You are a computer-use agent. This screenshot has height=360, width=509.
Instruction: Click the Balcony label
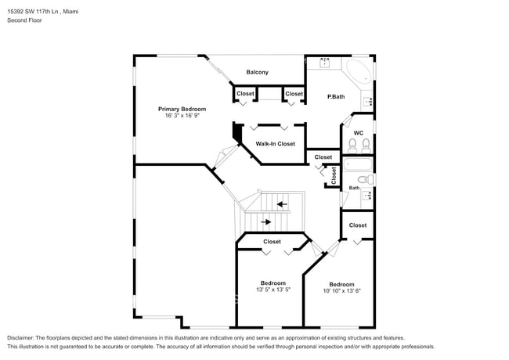257,72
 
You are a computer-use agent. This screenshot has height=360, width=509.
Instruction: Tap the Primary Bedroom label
182,109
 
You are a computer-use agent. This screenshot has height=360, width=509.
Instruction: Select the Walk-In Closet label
276,144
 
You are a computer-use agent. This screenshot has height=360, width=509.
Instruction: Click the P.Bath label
336,96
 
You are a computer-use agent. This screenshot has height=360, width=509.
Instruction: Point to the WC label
359,133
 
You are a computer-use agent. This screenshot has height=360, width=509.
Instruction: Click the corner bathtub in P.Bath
358,72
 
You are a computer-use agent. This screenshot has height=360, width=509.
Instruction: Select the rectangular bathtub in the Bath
358,165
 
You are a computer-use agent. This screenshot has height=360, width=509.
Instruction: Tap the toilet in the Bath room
366,179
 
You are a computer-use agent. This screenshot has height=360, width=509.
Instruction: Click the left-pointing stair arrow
281,204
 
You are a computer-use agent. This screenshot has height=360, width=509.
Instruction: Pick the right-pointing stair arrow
266,222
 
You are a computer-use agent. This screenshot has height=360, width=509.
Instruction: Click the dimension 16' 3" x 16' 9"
182,116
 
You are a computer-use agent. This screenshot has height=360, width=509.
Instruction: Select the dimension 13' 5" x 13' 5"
273,290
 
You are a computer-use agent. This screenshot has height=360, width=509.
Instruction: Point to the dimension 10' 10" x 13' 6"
341,291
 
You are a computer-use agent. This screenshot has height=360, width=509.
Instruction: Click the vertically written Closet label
334,175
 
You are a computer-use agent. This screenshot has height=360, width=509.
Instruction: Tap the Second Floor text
25,20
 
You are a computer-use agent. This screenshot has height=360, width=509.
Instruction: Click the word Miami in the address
70,12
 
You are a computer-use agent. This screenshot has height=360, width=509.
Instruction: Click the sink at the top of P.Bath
325,63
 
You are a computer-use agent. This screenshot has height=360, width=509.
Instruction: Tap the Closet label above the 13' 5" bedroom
272,242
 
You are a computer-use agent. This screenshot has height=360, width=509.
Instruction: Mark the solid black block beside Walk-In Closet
238,133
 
